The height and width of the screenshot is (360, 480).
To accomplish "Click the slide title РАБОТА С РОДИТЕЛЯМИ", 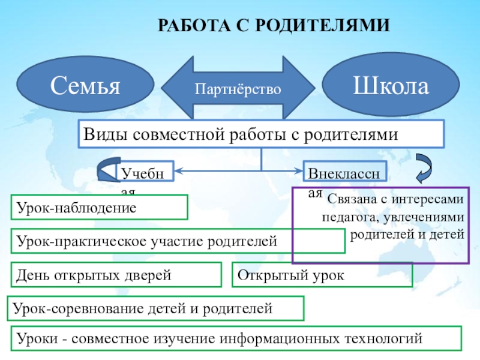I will [x=274, y=26].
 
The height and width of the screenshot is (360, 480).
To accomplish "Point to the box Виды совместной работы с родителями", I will [x=261, y=134].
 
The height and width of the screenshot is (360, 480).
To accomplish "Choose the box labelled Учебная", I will [x=146, y=173].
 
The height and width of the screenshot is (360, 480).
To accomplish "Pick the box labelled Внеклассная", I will [x=345, y=173].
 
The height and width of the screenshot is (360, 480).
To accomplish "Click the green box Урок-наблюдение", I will [x=100, y=208].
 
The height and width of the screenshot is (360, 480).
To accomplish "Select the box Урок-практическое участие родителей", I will [x=178, y=241].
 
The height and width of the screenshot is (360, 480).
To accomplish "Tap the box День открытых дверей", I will [x=116, y=275].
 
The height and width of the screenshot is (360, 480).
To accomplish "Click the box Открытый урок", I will [x=322, y=275].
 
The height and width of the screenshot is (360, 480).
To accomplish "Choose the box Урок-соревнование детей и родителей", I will [x=155, y=309].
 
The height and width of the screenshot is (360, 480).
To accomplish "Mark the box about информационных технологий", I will [x=236, y=339].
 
